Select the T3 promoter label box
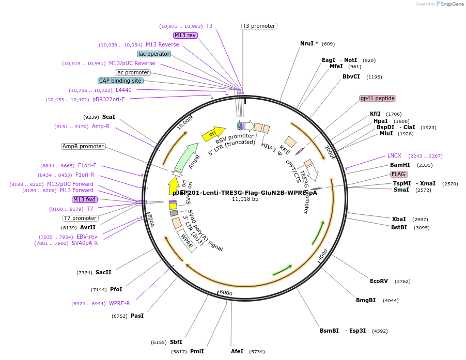[x=259, y=26]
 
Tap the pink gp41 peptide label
[x=378, y=98]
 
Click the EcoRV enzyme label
[x=379, y=281]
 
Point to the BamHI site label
[x=400, y=165]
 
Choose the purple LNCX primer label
[x=394, y=155]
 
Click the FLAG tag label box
[x=398, y=174]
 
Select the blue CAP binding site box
[x=120, y=81]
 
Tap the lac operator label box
[x=154, y=54]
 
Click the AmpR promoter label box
[x=83, y=147]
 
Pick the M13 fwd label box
[x=85, y=199]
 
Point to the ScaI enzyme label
[x=108, y=117]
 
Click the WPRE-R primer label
[x=119, y=303]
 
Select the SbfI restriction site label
[x=176, y=342]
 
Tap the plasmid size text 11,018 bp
[x=245, y=199]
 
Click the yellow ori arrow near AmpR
[x=213, y=134]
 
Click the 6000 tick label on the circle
[x=226, y=292]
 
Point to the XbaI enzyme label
[x=399, y=219]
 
